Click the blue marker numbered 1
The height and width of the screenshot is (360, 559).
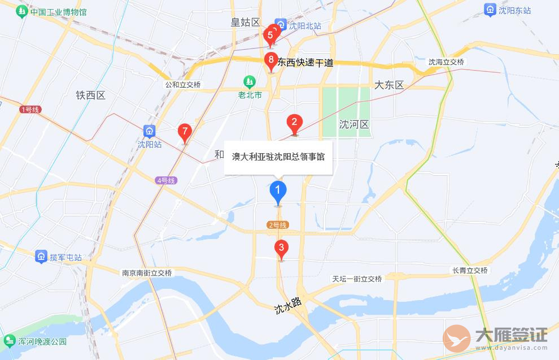click(277, 191)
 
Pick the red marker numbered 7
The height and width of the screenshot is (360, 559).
click(184, 132)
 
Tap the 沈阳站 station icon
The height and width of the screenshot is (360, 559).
click(149, 132)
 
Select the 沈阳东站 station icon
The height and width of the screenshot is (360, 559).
click(490, 10)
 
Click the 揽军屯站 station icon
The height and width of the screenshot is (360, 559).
click(41, 257)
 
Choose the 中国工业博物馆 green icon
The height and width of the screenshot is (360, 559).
click(22, 11)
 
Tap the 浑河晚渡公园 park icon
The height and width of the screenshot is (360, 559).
click(10, 341)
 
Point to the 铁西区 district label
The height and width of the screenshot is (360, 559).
click(90, 95)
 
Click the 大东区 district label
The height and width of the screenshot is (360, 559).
click(390, 85)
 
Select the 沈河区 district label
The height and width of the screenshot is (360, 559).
click(354, 124)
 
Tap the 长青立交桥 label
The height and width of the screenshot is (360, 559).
click(470, 271)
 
